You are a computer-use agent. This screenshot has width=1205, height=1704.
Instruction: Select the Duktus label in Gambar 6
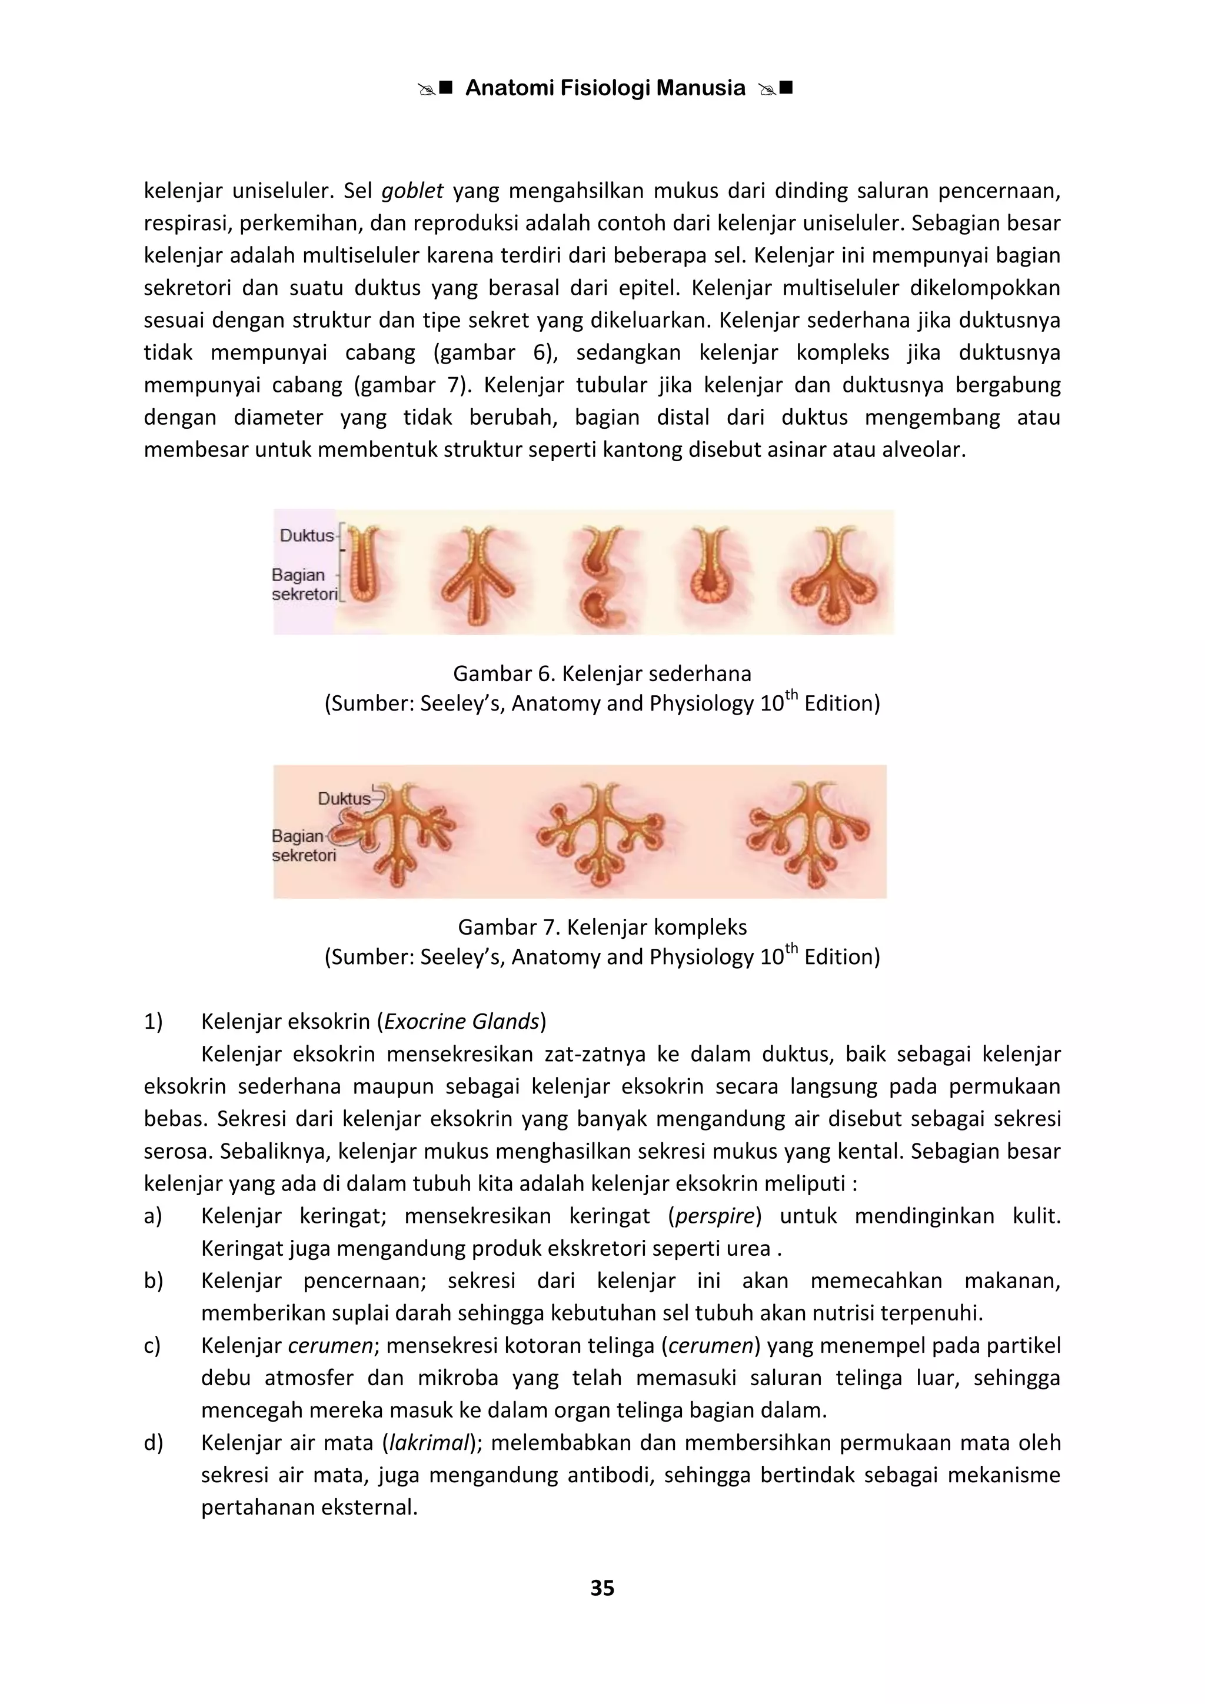pyautogui.click(x=306, y=535)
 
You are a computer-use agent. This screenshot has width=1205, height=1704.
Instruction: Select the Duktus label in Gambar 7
pyautogui.click(x=344, y=799)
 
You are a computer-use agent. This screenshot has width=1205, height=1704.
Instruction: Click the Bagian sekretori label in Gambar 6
pyautogui.click(x=304, y=584)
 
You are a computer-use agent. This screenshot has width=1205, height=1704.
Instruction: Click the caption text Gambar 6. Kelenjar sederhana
pyautogui.click(x=602, y=674)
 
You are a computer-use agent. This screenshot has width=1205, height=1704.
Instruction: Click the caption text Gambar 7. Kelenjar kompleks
pyautogui.click(x=602, y=927)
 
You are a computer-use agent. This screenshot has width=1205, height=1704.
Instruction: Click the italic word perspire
pyautogui.click(x=714, y=1216)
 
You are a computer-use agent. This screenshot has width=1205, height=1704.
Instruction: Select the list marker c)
pyautogui.click(x=152, y=1346)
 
